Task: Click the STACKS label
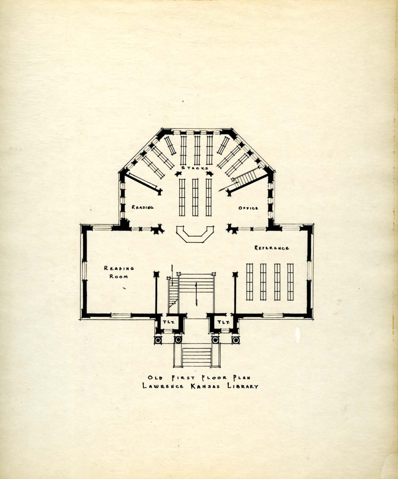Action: coord(195,168)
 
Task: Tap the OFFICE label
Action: coord(248,208)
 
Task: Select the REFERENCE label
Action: coord(272,248)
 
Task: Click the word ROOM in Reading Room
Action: coord(119,277)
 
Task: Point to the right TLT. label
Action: coord(223,322)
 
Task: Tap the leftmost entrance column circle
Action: coord(158,340)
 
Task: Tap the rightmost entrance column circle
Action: coord(236,340)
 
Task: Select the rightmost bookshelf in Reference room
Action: coord(290,282)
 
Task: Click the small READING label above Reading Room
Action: coord(143,207)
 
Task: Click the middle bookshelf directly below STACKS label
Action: coord(195,197)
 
